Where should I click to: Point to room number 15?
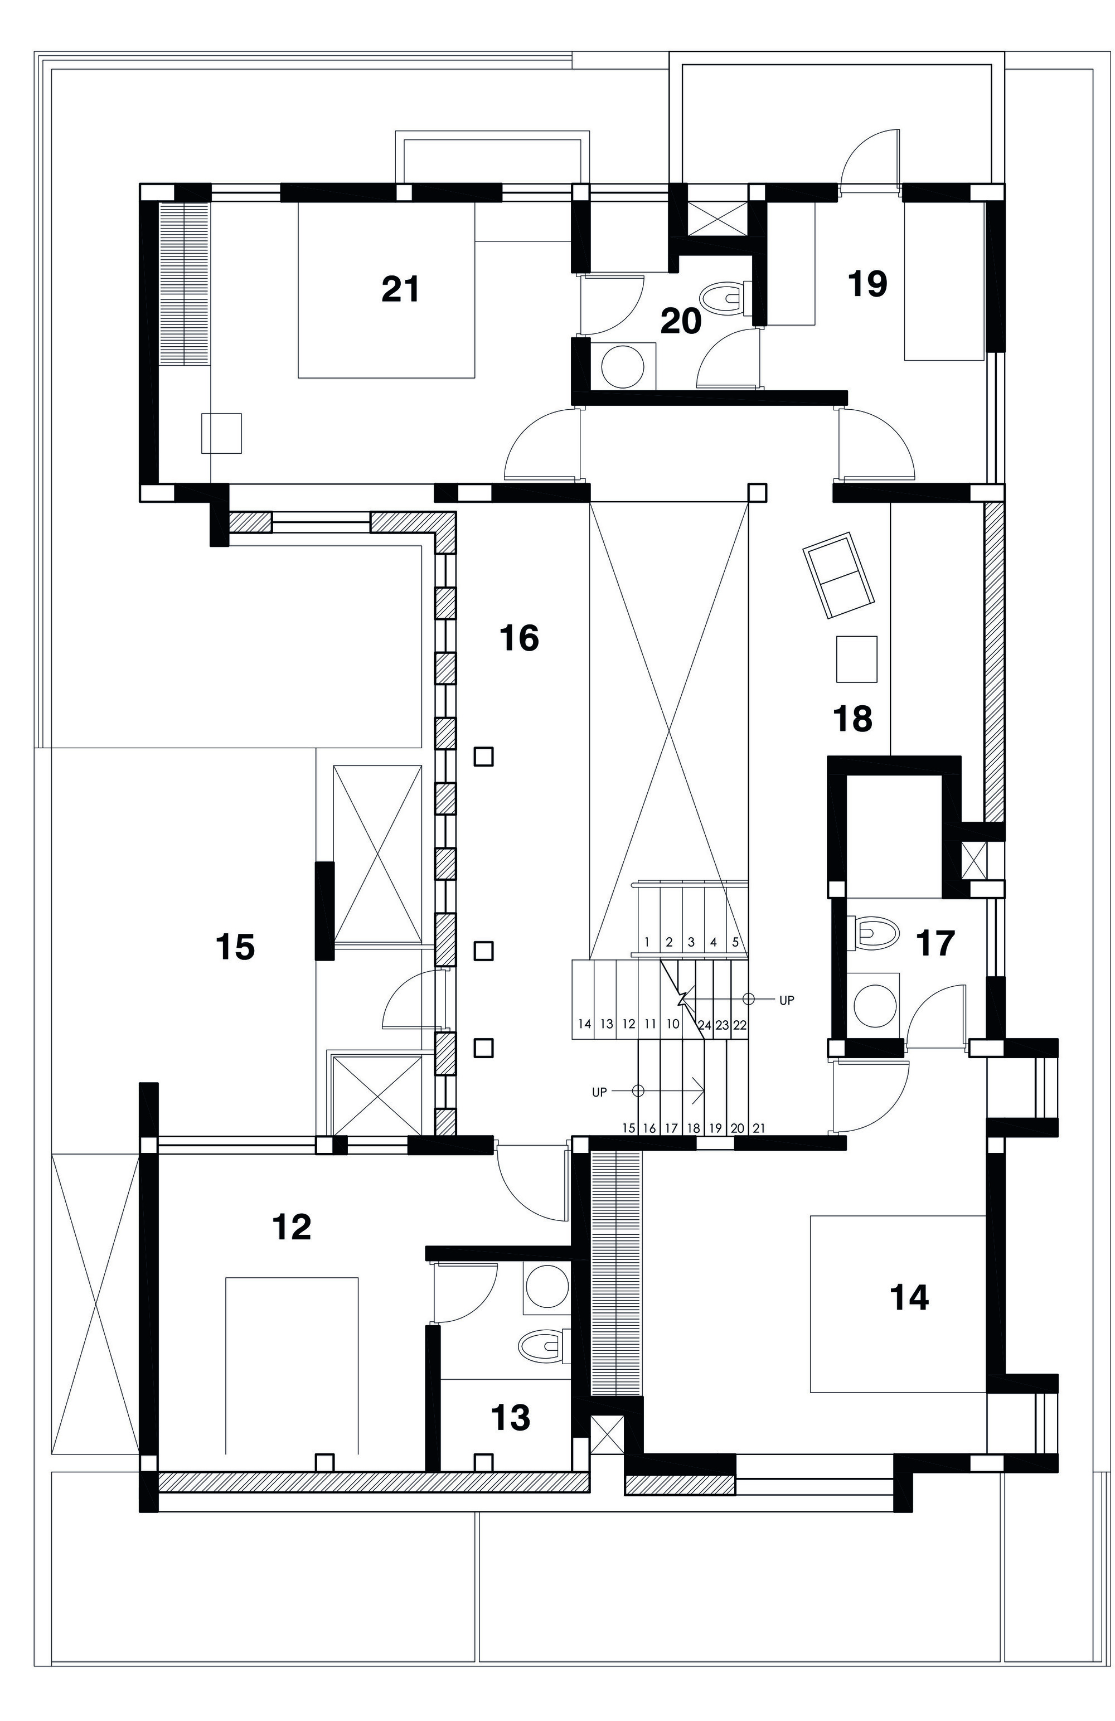235,947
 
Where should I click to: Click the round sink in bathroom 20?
623,367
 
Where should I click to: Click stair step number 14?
585,1024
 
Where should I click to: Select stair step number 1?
647,942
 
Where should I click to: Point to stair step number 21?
759,1127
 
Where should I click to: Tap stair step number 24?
704,1025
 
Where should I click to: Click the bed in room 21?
387,290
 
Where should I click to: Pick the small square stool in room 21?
221,433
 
